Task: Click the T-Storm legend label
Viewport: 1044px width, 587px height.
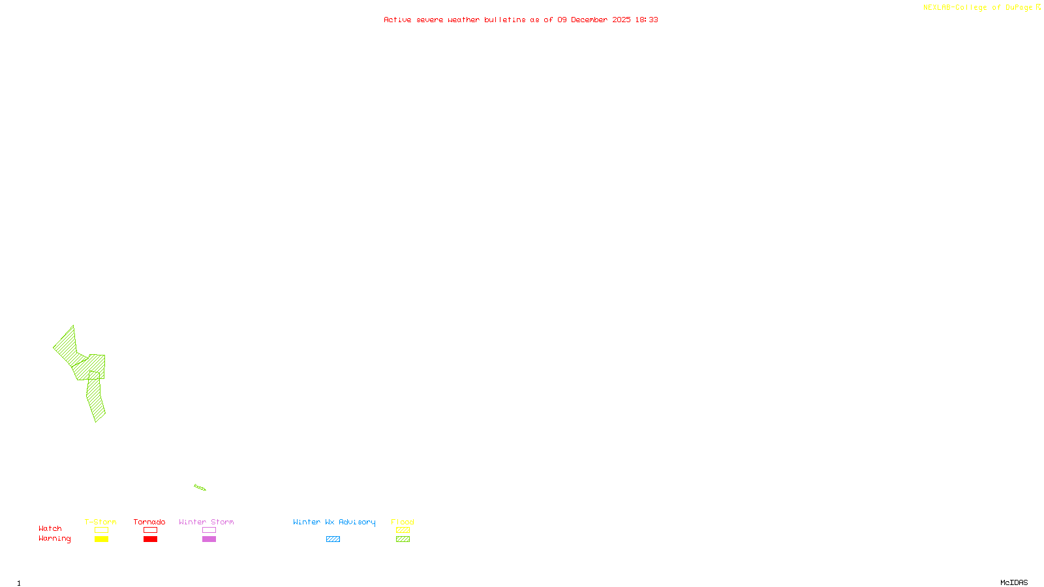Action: coord(100,522)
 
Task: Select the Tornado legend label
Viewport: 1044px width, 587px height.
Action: coord(149,522)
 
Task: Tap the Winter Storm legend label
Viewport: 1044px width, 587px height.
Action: coord(206,522)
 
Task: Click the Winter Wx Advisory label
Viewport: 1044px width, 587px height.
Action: coord(334,522)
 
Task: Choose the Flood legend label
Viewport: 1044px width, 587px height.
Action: coord(403,522)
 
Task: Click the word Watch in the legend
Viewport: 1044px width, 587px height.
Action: coord(50,528)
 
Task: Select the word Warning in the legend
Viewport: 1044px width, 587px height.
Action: coord(54,539)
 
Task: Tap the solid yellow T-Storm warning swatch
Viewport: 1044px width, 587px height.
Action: coord(101,539)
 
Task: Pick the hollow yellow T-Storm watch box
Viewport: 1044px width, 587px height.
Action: coord(101,530)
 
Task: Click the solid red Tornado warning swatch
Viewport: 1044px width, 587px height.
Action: coord(151,539)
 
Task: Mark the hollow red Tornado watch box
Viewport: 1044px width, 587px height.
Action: coord(151,530)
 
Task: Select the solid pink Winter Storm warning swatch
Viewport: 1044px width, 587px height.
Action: coord(209,539)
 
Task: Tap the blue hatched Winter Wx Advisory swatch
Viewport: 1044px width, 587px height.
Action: coord(333,539)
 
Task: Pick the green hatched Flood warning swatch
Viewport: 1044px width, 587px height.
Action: coord(403,539)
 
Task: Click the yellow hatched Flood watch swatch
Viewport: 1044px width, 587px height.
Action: coord(403,530)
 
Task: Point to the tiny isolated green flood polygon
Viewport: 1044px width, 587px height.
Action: coord(200,487)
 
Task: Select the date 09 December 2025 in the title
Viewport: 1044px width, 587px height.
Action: coord(594,20)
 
